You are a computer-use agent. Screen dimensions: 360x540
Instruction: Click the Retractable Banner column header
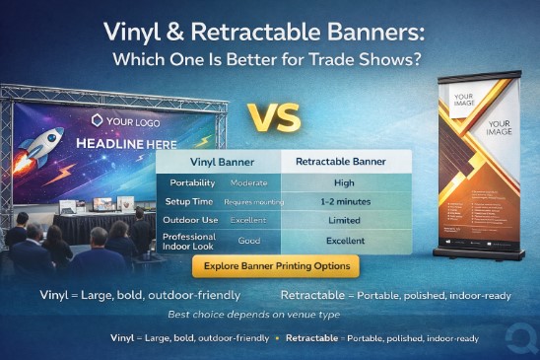pyautogui.click(x=333, y=160)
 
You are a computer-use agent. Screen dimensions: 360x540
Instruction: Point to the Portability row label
pyautogui.click(x=193, y=183)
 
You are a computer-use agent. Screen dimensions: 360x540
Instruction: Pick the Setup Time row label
pyautogui.click(x=190, y=201)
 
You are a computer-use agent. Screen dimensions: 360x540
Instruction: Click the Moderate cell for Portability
pyautogui.click(x=248, y=183)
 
